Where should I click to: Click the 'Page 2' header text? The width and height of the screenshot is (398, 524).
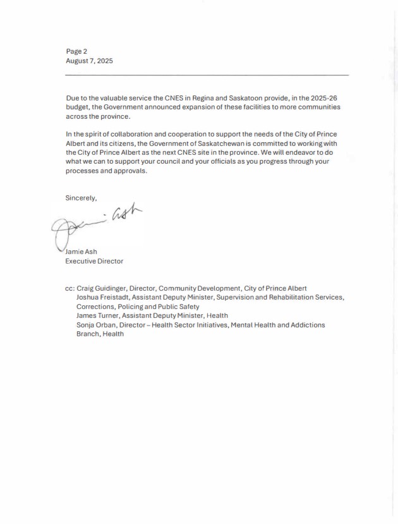(x=76, y=51)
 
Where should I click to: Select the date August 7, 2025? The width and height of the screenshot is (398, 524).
(x=89, y=61)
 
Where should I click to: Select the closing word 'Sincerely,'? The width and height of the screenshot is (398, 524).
(x=81, y=198)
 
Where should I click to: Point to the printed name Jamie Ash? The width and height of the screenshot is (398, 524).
(x=81, y=251)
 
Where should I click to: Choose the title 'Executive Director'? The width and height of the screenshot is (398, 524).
(x=94, y=260)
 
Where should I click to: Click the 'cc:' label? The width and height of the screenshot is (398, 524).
(x=69, y=288)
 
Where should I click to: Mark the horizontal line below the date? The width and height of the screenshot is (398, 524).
(x=207, y=75)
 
